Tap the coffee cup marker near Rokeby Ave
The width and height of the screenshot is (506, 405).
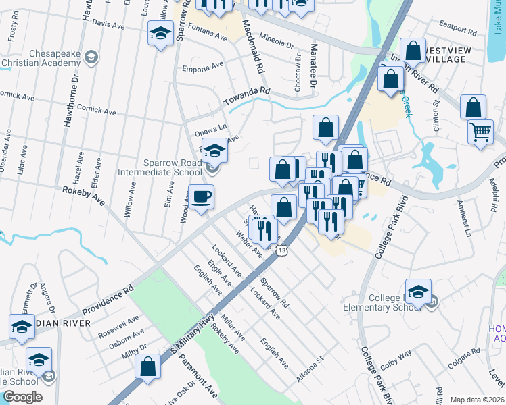pos(201,198)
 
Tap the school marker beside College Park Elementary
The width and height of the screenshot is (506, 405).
pos(418,291)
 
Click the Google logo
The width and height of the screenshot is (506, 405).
pos(22,396)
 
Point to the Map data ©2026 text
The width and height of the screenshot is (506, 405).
pos(477,400)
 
